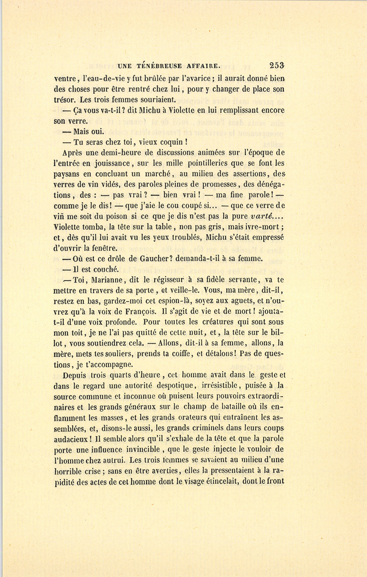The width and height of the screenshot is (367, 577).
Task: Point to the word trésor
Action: pyautogui.click(x=65, y=100)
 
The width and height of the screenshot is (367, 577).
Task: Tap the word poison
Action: pyautogui.click(x=112, y=217)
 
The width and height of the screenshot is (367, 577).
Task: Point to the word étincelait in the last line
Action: pyautogui.click(x=221, y=482)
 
